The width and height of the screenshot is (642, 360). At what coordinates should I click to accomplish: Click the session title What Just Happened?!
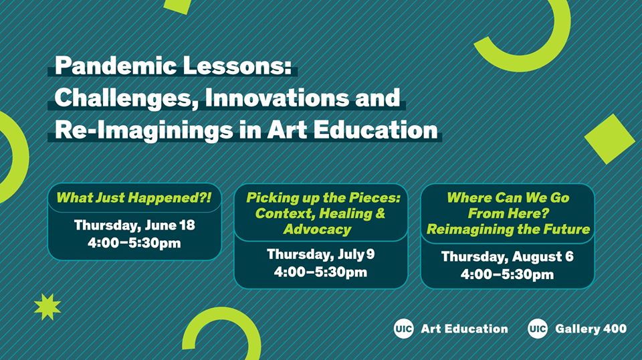[x=134, y=198]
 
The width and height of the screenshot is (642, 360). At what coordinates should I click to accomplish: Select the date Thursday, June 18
[x=134, y=226]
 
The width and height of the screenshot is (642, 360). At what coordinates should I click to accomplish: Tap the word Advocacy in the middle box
[x=317, y=230]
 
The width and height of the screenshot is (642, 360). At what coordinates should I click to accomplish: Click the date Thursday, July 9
[x=320, y=254]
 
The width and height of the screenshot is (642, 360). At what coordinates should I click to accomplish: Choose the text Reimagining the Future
[x=508, y=230]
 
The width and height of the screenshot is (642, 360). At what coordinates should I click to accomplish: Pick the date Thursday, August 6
[x=508, y=257]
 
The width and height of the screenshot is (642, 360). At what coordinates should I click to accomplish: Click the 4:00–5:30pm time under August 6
[x=508, y=274]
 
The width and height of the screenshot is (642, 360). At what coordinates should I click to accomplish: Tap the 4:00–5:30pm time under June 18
[x=134, y=243]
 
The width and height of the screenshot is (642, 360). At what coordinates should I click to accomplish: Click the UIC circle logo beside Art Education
[x=404, y=329]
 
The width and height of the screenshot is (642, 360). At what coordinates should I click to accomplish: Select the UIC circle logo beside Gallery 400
[x=538, y=329]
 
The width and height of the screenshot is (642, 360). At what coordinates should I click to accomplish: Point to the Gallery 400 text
[x=591, y=329]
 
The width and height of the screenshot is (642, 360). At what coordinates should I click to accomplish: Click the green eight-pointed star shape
[x=47, y=306]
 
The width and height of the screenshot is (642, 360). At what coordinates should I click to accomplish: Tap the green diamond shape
[x=610, y=139]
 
